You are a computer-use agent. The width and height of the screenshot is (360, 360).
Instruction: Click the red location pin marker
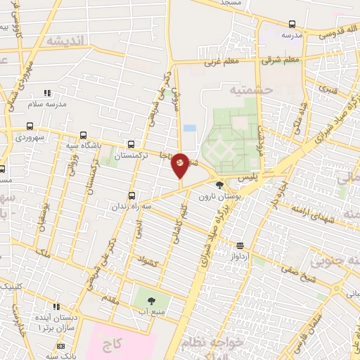click(179, 165)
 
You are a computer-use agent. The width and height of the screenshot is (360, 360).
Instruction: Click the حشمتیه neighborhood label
click(243, 91)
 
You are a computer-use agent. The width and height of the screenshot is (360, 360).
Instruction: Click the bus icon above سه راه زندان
click(131, 195)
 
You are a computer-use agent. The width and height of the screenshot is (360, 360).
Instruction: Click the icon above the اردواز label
click(241, 245)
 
